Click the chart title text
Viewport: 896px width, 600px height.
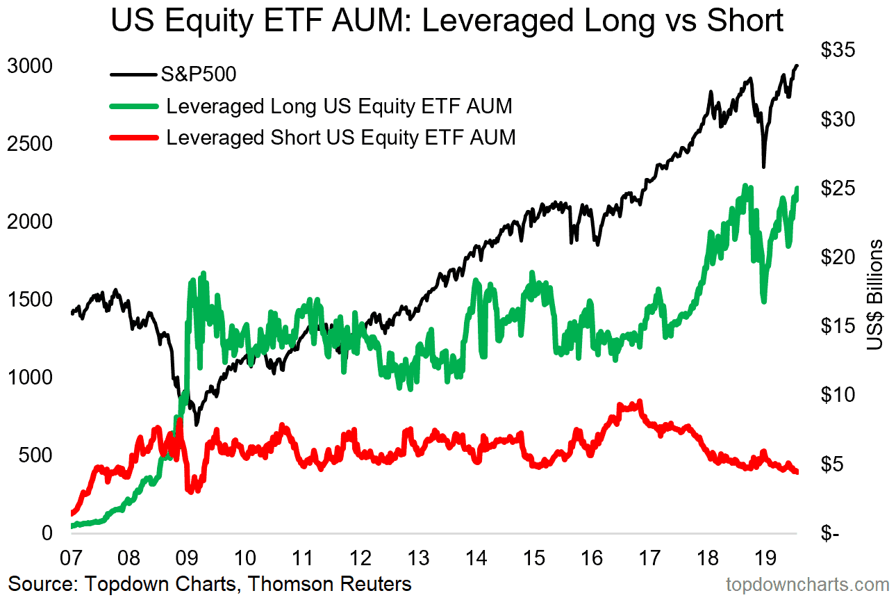click(447, 21)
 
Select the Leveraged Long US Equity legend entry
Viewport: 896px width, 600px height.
click(339, 106)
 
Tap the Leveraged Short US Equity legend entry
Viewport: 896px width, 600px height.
click(340, 137)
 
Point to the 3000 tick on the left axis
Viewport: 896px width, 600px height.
click(29, 66)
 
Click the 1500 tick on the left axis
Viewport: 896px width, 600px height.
click(29, 299)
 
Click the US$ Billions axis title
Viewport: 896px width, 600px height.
click(877, 295)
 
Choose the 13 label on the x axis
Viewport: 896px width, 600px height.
click(416, 558)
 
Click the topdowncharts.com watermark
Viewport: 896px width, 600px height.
click(807, 584)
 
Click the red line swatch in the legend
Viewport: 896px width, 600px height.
click(133, 138)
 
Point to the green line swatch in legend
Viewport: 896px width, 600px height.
click(133, 107)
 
